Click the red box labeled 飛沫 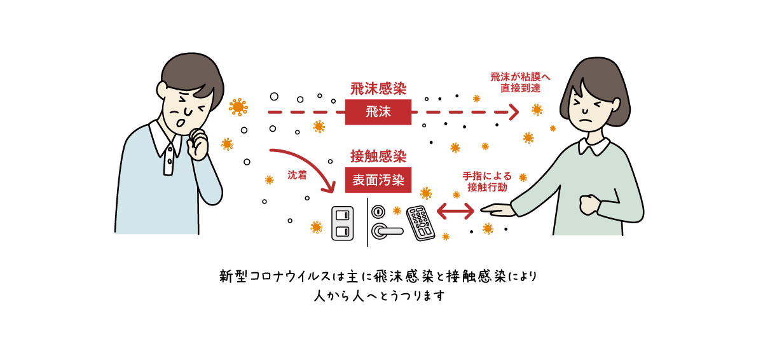378,113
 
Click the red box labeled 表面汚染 378,180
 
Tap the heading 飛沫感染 378,88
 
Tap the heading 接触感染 378,156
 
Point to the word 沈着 296,174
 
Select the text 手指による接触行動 489,181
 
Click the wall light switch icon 341,225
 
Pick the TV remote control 421,223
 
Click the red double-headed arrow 456,209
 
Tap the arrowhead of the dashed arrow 513,113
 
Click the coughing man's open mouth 182,120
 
